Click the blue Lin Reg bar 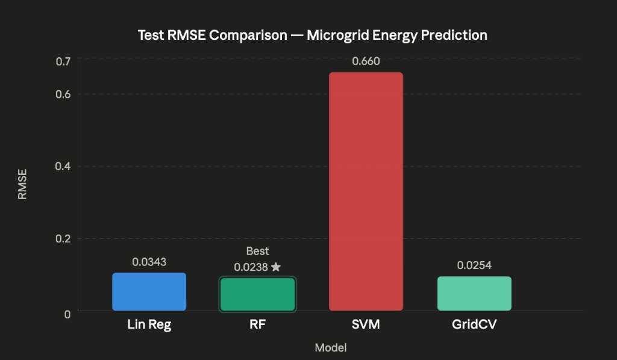pyautogui.click(x=149, y=292)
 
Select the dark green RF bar pyautogui.click(x=257, y=294)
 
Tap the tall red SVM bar pyautogui.click(x=366, y=191)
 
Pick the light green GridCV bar pyautogui.click(x=474, y=294)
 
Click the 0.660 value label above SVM pyautogui.click(x=366, y=62)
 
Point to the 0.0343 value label pyautogui.click(x=149, y=262)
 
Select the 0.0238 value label pyautogui.click(x=251, y=267)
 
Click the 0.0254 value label pyautogui.click(x=474, y=265)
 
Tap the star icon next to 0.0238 pyautogui.click(x=276, y=267)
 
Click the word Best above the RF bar pyautogui.click(x=257, y=251)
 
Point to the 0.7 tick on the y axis pyautogui.click(x=63, y=62)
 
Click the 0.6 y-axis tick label pyautogui.click(x=63, y=94)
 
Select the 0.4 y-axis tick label pyautogui.click(x=63, y=166)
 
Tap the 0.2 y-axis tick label pyautogui.click(x=63, y=238)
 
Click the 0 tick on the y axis pyautogui.click(x=67, y=314)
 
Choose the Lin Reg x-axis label pyautogui.click(x=149, y=324)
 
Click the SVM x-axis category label pyautogui.click(x=366, y=324)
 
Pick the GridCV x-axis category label pyautogui.click(x=474, y=324)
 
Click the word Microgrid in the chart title pyautogui.click(x=337, y=35)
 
